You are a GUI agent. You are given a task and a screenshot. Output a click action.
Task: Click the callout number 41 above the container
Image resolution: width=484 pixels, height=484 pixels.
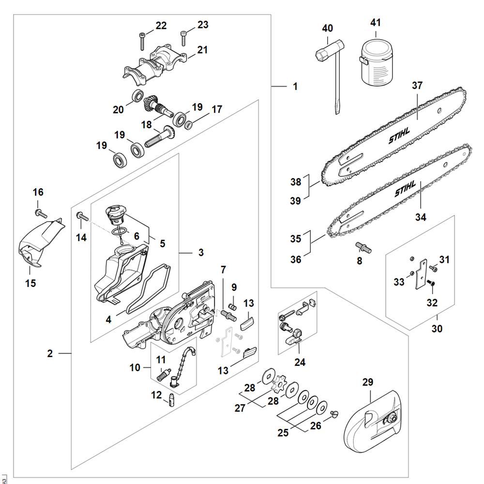pyautogui.click(x=376, y=22)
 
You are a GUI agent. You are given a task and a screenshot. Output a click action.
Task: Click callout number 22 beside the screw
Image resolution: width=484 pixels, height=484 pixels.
pyautogui.click(x=161, y=26)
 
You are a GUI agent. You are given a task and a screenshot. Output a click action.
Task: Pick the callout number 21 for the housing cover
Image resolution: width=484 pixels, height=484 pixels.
pyautogui.click(x=202, y=50)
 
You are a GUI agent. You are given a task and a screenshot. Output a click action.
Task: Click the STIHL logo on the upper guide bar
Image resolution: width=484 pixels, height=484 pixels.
pyautogui.click(x=399, y=136)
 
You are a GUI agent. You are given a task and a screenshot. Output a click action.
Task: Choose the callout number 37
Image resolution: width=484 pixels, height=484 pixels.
pyautogui.click(x=417, y=86)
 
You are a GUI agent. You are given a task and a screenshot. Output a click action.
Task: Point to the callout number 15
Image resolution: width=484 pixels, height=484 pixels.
pyautogui.click(x=30, y=283)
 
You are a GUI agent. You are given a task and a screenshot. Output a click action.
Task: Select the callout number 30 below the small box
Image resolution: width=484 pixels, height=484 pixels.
pyautogui.click(x=437, y=329)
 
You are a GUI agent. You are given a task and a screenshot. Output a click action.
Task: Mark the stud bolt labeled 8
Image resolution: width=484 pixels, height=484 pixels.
pyautogui.click(x=363, y=247)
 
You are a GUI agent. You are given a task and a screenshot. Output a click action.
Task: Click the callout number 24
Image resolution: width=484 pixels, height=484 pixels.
pyautogui.click(x=301, y=362)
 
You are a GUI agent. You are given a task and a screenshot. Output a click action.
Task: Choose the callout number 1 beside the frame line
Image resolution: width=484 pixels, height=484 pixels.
pyautogui.click(x=295, y=87)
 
